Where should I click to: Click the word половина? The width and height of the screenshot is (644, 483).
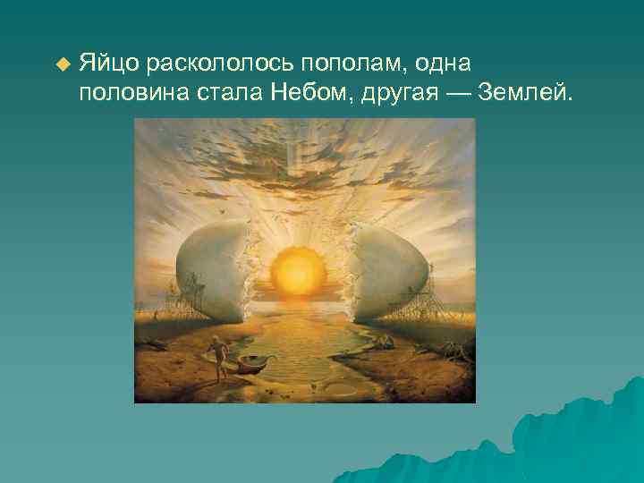[130, 94]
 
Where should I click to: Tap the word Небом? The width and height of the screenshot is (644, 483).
[305, 94]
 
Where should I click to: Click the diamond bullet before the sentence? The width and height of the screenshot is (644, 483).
[62, 65]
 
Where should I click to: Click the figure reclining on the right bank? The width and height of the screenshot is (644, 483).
[382, 343]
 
